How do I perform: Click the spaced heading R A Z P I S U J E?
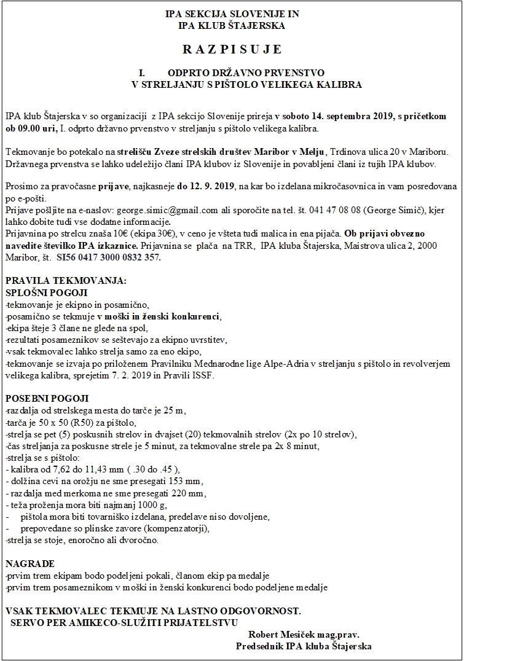[232, 49]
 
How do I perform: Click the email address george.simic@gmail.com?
[167, 210]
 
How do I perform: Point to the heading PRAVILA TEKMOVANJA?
[66, 281]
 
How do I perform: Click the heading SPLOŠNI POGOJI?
[47, 292]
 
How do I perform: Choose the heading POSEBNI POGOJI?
[47, 399]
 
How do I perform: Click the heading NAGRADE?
[30, 563]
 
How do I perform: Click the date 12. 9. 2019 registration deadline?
[211, 186]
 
